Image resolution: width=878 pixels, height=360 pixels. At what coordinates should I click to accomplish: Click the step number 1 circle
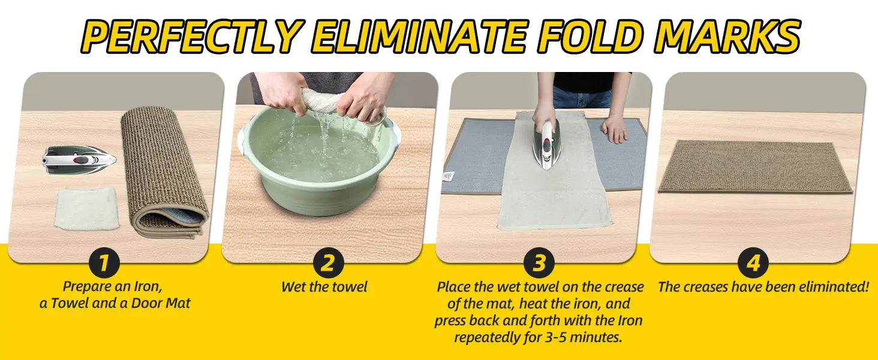tap(104, 262)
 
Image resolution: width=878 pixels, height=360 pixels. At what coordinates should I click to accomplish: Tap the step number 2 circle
tap(328, 262)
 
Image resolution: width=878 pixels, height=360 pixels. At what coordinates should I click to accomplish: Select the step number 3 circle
tap(539, 262)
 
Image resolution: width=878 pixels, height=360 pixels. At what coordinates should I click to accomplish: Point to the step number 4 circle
tap(753, 262)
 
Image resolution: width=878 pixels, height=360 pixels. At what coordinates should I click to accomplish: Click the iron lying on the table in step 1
tap(79, 159)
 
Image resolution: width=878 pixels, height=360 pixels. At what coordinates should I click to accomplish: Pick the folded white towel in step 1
tap(86, 208)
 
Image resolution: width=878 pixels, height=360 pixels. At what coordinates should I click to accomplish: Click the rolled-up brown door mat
tap(164, 174)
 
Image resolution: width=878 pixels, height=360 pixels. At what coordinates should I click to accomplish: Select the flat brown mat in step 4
tap(755, 167)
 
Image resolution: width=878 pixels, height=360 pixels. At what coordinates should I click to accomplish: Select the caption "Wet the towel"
tap(324, 287)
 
